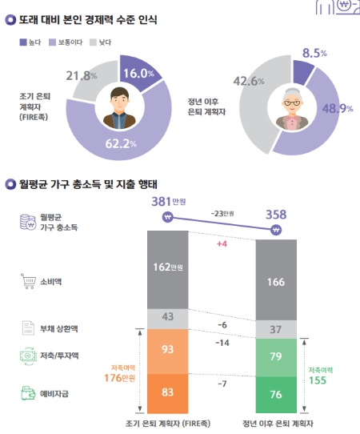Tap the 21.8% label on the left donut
point(86,76)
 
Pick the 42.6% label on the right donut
point(245,81)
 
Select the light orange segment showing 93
point(166,349)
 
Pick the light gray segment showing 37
point(275,329)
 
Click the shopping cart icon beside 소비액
point(26,280)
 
